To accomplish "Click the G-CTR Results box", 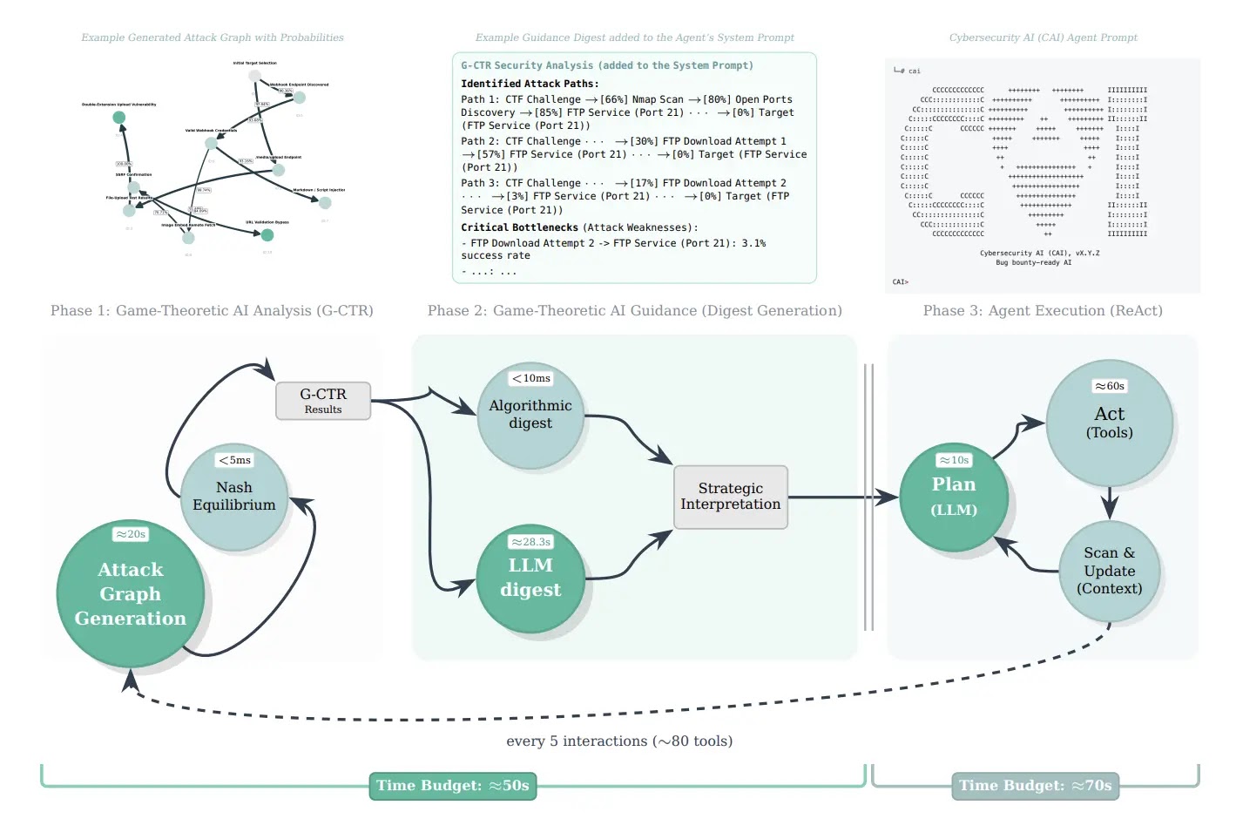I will click(x=323, y=401).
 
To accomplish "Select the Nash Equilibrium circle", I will click(x=234, y=497).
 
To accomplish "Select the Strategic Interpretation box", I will click(x=731, y=497).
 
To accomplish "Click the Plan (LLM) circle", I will click(x=954, y=497).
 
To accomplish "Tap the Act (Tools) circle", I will click(x=1110, y=423).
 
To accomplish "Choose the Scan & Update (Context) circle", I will click(x=1110, y=572).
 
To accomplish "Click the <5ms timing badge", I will click(x=235, y=460).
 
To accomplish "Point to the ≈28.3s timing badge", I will click(x=530, y=542).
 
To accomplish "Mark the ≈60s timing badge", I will click(x=1110, y=386).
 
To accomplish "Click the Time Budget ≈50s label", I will click(x=453, y=786).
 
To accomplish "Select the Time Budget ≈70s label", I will click(x=1036, y=786).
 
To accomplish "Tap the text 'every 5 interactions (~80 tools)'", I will click(x=619, y=741).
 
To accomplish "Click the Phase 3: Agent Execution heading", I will click(x=1043, y=311).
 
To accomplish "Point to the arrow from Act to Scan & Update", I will click(x=1110, y=504).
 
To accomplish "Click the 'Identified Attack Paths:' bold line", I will click(x=530, y=84).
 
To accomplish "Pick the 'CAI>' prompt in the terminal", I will click(x=901, y=282).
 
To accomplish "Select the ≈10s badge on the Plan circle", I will click(x=954, y=460).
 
